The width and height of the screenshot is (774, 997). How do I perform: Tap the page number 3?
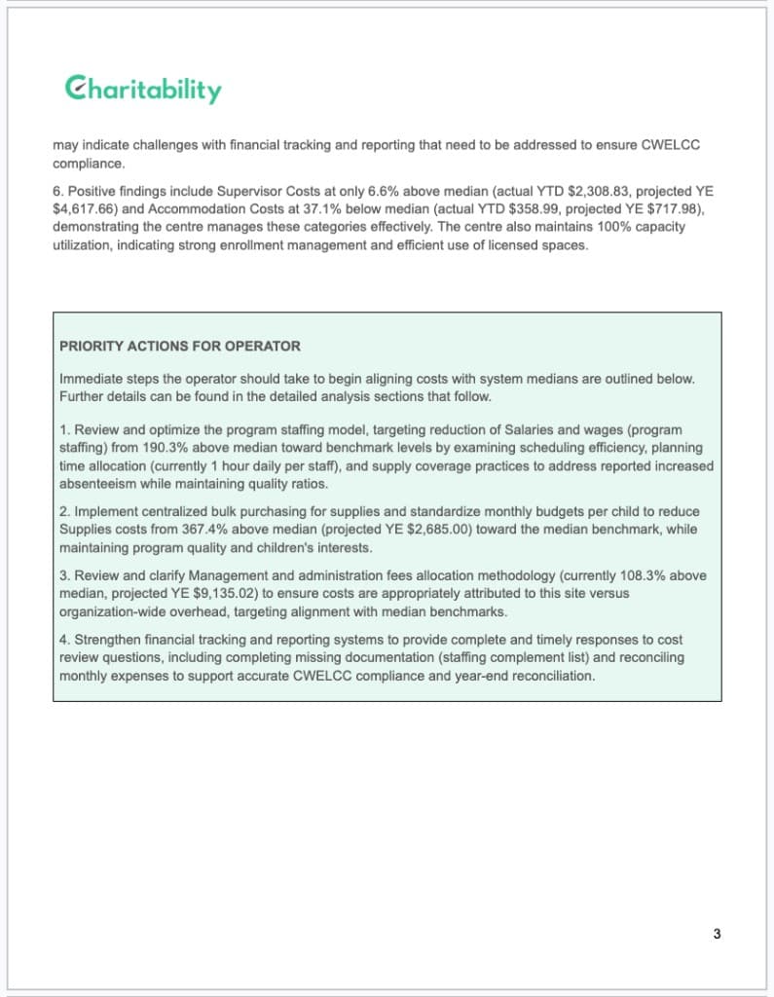[x=717, y=935]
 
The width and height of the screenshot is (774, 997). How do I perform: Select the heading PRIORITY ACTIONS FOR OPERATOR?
[x=180, y=347]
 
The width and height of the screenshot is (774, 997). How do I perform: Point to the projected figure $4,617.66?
[x=86, y=208]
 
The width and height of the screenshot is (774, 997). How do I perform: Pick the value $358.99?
[x=522, y=208]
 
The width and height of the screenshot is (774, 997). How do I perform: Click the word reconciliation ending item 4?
[x=553, y=675]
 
